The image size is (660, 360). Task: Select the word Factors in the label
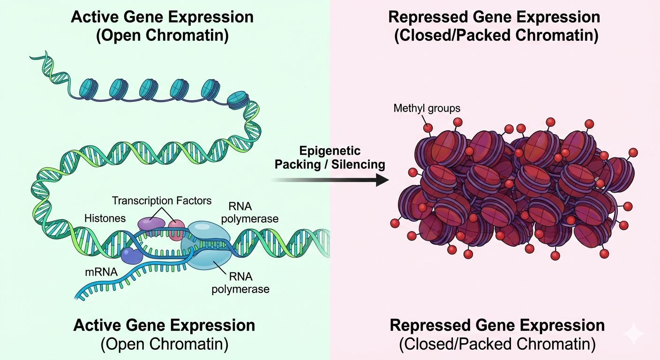tap(194, 201)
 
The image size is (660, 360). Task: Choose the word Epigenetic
tap(330, 151)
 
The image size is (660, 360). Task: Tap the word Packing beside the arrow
tap(296, 165)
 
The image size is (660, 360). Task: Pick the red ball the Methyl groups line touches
tap(427, 128)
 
